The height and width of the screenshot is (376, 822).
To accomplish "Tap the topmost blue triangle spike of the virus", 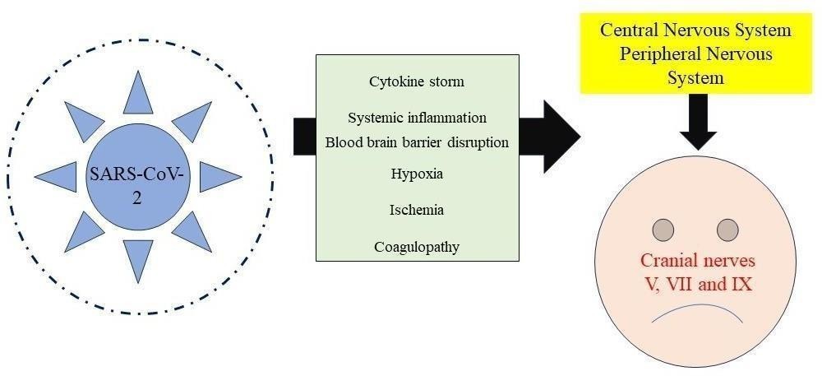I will (138, 94).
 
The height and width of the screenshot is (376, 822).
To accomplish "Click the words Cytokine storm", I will (417, 81).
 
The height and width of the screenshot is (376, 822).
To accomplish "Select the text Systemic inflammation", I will (417, 118).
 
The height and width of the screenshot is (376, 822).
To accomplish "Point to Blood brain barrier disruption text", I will (417, 142).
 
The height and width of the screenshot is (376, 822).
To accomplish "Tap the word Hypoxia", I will (417, 174).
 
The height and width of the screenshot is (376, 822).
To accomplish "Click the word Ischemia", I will (417, 210).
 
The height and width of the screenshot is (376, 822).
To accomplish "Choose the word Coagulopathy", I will (417, 246).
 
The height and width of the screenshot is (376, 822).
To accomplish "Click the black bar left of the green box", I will (304, 136).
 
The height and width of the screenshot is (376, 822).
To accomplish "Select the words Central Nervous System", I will (695, 30).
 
